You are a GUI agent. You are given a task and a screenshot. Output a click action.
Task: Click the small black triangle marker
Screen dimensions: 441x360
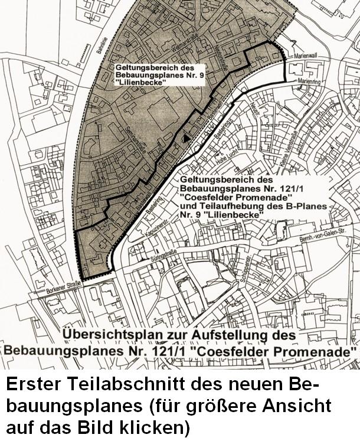coord(186,138)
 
